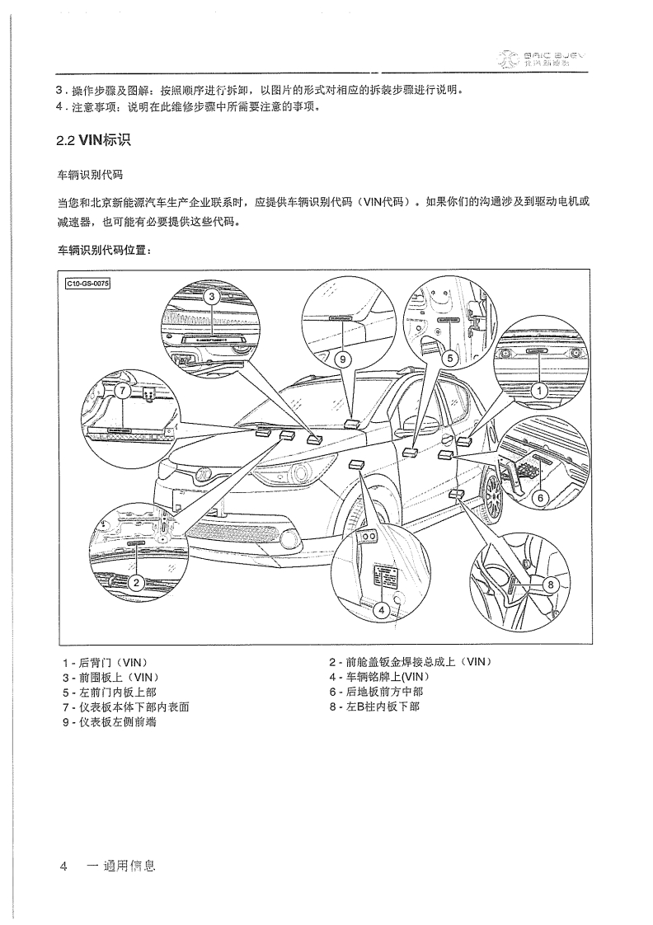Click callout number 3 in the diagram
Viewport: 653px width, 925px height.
point(212,297)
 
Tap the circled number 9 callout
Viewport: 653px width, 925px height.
point(342,359)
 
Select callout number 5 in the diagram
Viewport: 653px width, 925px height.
point(449,359)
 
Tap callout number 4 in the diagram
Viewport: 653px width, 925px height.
point(381,610)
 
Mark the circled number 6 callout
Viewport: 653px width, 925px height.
point(541,497)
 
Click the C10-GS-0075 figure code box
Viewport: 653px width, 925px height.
point(88,284)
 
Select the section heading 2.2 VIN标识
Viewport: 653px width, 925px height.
point(92,140)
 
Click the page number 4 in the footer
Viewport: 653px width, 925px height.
point(63,866)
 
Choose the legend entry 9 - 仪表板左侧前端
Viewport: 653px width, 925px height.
point(110,721)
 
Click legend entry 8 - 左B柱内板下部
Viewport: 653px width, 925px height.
point(373,707)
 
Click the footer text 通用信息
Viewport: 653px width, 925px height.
point(120,866)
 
